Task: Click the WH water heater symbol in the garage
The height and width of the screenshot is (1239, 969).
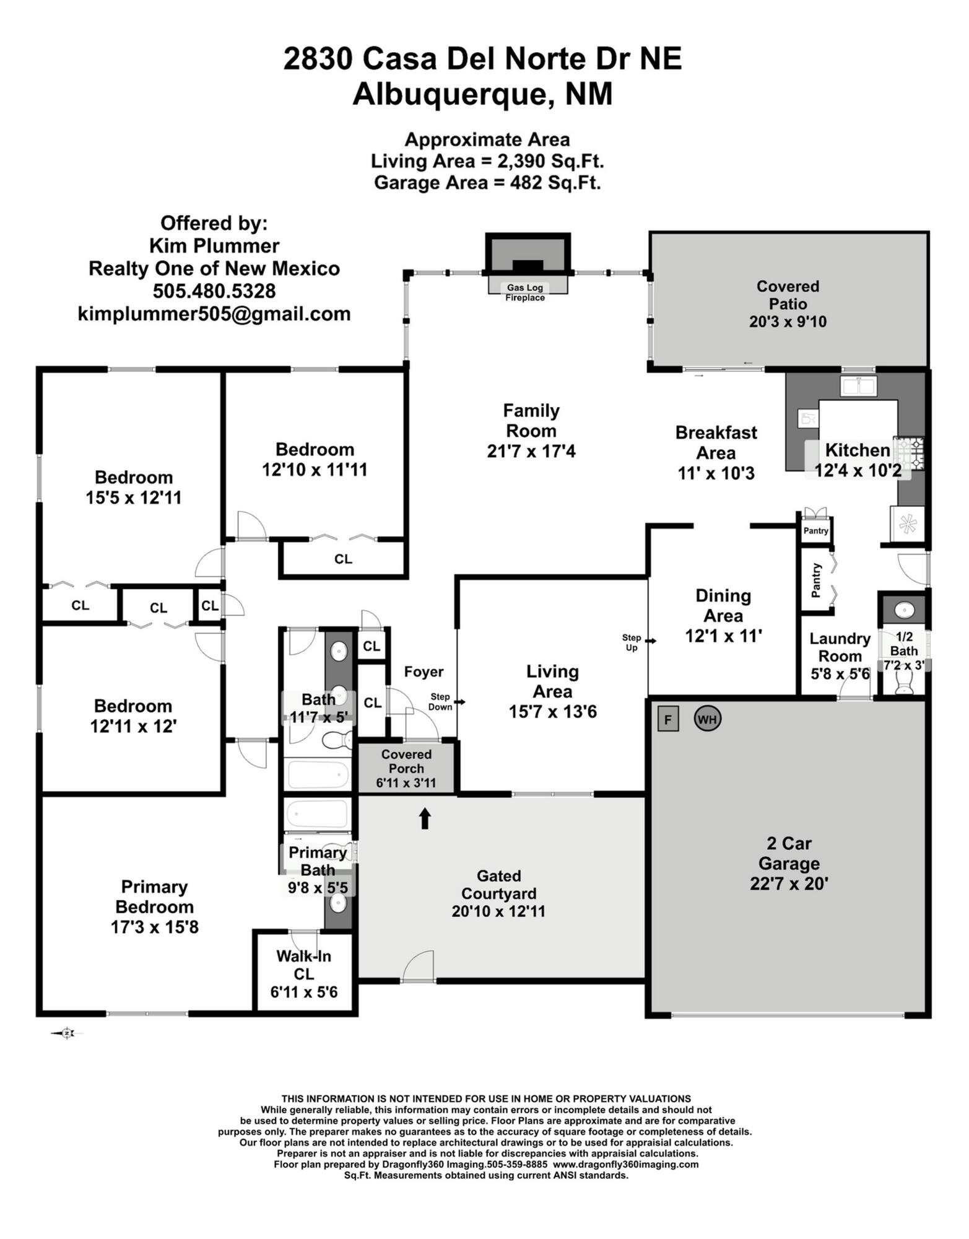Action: coord(707,719)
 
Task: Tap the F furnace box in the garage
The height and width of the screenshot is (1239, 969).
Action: coord(668,719)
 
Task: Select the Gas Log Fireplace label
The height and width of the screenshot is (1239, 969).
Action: coord(525,292)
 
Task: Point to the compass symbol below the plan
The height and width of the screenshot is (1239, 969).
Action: coord(67,1033)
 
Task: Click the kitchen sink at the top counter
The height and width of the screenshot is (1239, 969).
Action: coord(858,385)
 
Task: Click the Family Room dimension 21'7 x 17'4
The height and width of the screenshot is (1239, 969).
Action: coord(531,452)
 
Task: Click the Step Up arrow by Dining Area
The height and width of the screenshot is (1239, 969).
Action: coord(650,640)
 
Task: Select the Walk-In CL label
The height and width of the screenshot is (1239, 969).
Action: coord(304,965)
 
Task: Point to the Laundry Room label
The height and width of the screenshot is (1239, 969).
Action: coord(840,647)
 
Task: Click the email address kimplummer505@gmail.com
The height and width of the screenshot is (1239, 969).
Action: coord(214,313)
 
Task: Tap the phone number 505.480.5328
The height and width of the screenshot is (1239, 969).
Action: coord(214,291)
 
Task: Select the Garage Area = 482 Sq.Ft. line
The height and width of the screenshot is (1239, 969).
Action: coord(487,183)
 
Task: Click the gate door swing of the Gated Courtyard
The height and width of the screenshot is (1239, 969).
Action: coord(419,966)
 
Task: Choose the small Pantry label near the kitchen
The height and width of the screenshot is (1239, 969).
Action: coord(815,531)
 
